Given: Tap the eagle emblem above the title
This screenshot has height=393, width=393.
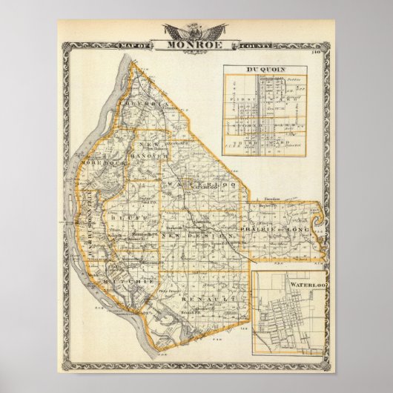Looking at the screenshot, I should point(196,31).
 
